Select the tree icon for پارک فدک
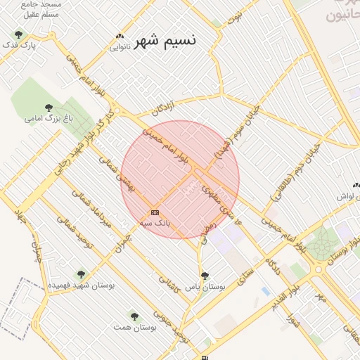tap(18, 34)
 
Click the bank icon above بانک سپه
tap(155, 212)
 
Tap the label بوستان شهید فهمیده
tap(81, 285)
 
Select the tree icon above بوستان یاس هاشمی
tap(205, 276)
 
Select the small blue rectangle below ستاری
tap(265, 290)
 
